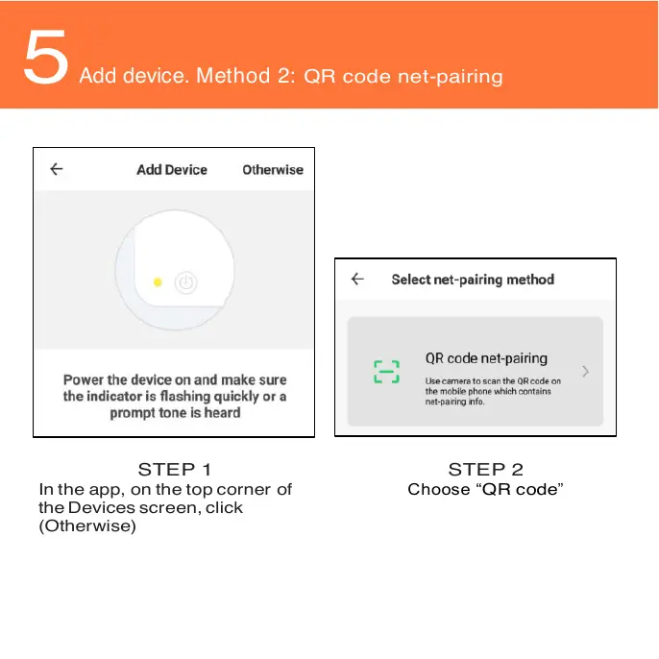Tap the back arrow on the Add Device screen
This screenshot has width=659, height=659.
click(57, 169)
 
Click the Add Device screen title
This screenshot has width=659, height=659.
click(172, 169)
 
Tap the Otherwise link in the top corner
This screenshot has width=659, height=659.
click(272, 169)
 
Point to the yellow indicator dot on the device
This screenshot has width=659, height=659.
click(158, 282)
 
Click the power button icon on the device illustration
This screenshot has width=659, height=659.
click(185, 282)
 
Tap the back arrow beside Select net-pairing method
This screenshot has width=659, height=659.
click(357, 279)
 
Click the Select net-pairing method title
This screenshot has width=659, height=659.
click(473, 280)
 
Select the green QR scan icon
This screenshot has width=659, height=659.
click(385, 372)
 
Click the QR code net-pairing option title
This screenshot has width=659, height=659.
click(486, 358)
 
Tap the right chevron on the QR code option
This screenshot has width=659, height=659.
click(585, 371)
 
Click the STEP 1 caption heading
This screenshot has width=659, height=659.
click(175, 470)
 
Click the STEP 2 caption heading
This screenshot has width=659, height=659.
click(485, 470)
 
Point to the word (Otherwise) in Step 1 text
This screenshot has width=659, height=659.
click(87, 525)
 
